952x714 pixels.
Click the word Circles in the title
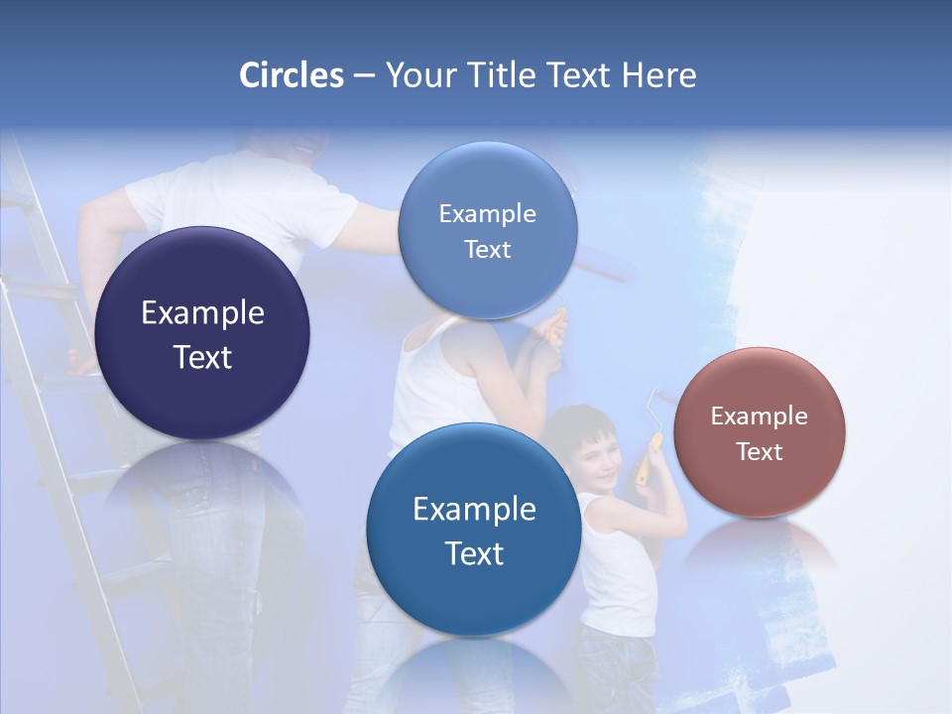pyautogui.click(x=291, y=75)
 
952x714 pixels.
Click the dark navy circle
pyautogui.click(x=202, y=333)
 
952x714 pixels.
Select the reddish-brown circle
pyautogui.click(x=760, y=432)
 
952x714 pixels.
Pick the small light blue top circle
pyautogui.click(x=487, y=230)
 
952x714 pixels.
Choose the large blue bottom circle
pyautogui.click(x=474, y=530)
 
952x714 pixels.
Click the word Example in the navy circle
pyautogui.click(x=202, y=312)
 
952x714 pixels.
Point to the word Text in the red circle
pyautogui.click(x=760, y=452)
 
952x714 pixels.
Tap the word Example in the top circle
pyautogui.click(x=487, y=213)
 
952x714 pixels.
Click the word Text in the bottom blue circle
pyautogui.click(x=474, y=553)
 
